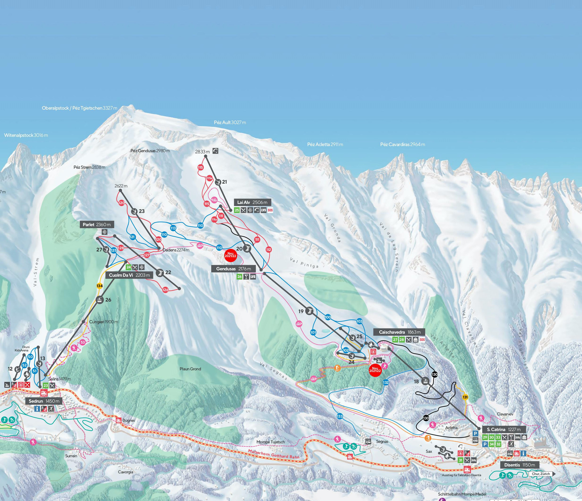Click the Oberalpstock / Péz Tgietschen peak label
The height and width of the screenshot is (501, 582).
click(79, 108)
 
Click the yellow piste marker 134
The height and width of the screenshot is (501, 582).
click(99, 286)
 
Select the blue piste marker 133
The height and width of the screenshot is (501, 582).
click(340, 416)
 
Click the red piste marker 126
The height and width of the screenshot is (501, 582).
click(165, 290)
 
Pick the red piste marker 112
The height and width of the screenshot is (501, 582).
click(268, 250)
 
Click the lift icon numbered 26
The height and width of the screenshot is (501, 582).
click(99, 300)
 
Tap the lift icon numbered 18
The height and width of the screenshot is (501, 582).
click(425, 381)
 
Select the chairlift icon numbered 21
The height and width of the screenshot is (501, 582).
click(218, 182)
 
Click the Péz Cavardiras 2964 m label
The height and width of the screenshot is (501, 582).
click(402, 144)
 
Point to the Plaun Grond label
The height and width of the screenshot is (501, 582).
click(190, 369)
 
